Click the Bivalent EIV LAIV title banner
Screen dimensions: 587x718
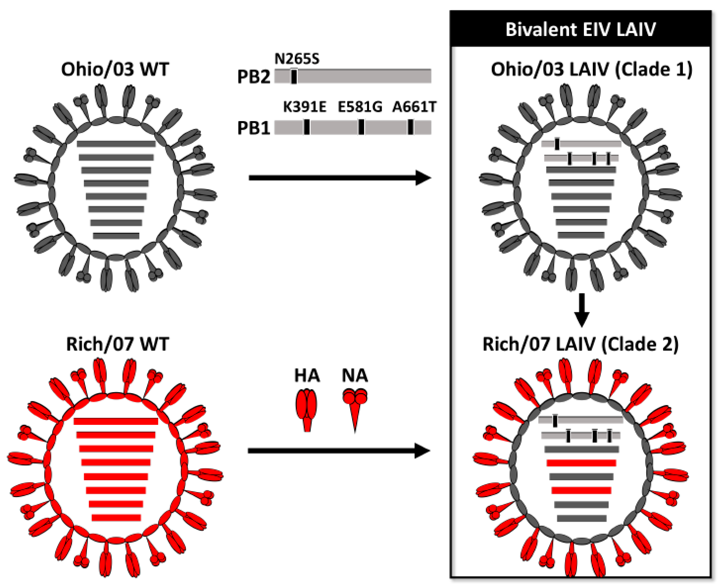(581, 29)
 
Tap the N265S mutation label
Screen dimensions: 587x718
(297, 59)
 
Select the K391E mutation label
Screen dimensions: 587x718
(304, 107)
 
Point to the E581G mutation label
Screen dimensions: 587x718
(360, 107)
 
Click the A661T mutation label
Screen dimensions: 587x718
(414, 107)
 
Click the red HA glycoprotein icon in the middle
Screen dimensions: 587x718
(307, 409)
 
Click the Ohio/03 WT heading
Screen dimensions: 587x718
(115, 69)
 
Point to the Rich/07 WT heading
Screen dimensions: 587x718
(117, 344)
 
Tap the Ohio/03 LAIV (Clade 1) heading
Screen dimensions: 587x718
(592, 69)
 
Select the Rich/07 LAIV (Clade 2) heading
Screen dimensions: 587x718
(581, 344)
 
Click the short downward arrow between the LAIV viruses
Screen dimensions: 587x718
(582, 310)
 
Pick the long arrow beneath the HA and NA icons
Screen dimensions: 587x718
(338, 451)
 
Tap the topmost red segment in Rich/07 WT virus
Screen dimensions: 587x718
(116, 421)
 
